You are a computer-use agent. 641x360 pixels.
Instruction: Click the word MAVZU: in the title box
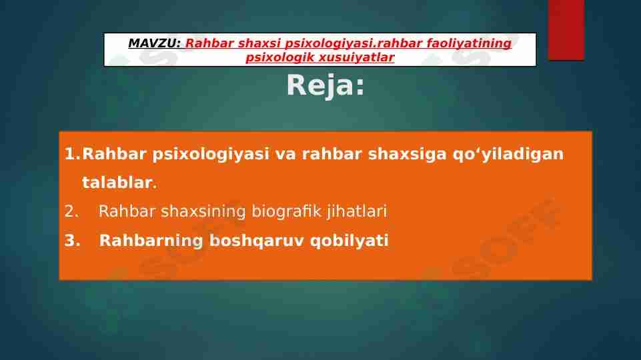click(x=154, y=43)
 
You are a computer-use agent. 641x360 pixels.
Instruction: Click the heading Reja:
click(x=326, y=85)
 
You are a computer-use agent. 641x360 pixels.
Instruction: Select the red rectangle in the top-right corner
click(x=566, y=29)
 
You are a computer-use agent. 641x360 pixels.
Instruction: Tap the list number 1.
click(x=71, y=154)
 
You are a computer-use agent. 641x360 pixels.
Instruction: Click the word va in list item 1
click(x=286, y=154)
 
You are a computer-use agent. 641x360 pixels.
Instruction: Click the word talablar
click(x=117, y=183)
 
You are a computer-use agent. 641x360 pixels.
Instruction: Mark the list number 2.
click(x=71, y=212)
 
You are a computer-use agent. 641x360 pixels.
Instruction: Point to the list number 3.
click(x=71, y=241)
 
